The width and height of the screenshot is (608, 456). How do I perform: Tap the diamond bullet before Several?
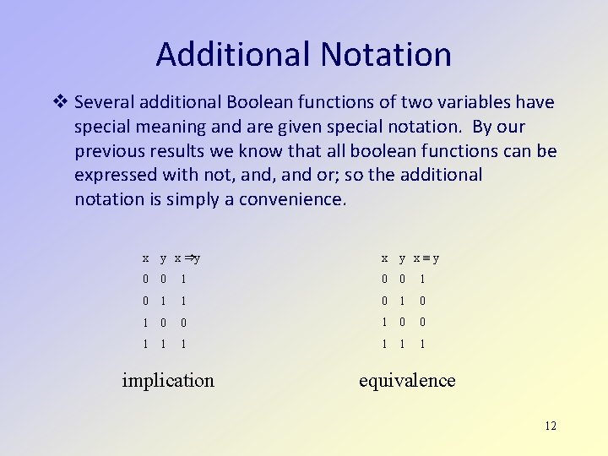[x=60, y=102]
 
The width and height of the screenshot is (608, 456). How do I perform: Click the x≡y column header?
[x=426, y=258]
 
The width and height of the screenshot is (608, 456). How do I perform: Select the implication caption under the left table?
[x=168, y=380]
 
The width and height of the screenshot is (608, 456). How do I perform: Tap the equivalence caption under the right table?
[x=407, y=380]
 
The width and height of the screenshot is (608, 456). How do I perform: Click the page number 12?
[x=551, y=426]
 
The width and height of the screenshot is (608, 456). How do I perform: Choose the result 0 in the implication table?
[x=184, y=323]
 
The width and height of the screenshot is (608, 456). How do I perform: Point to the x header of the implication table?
[x=146, y=258]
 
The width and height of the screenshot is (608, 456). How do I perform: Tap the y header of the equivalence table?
[x=403, y=258]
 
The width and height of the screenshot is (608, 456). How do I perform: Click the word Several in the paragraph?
[x=105, y=102]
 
